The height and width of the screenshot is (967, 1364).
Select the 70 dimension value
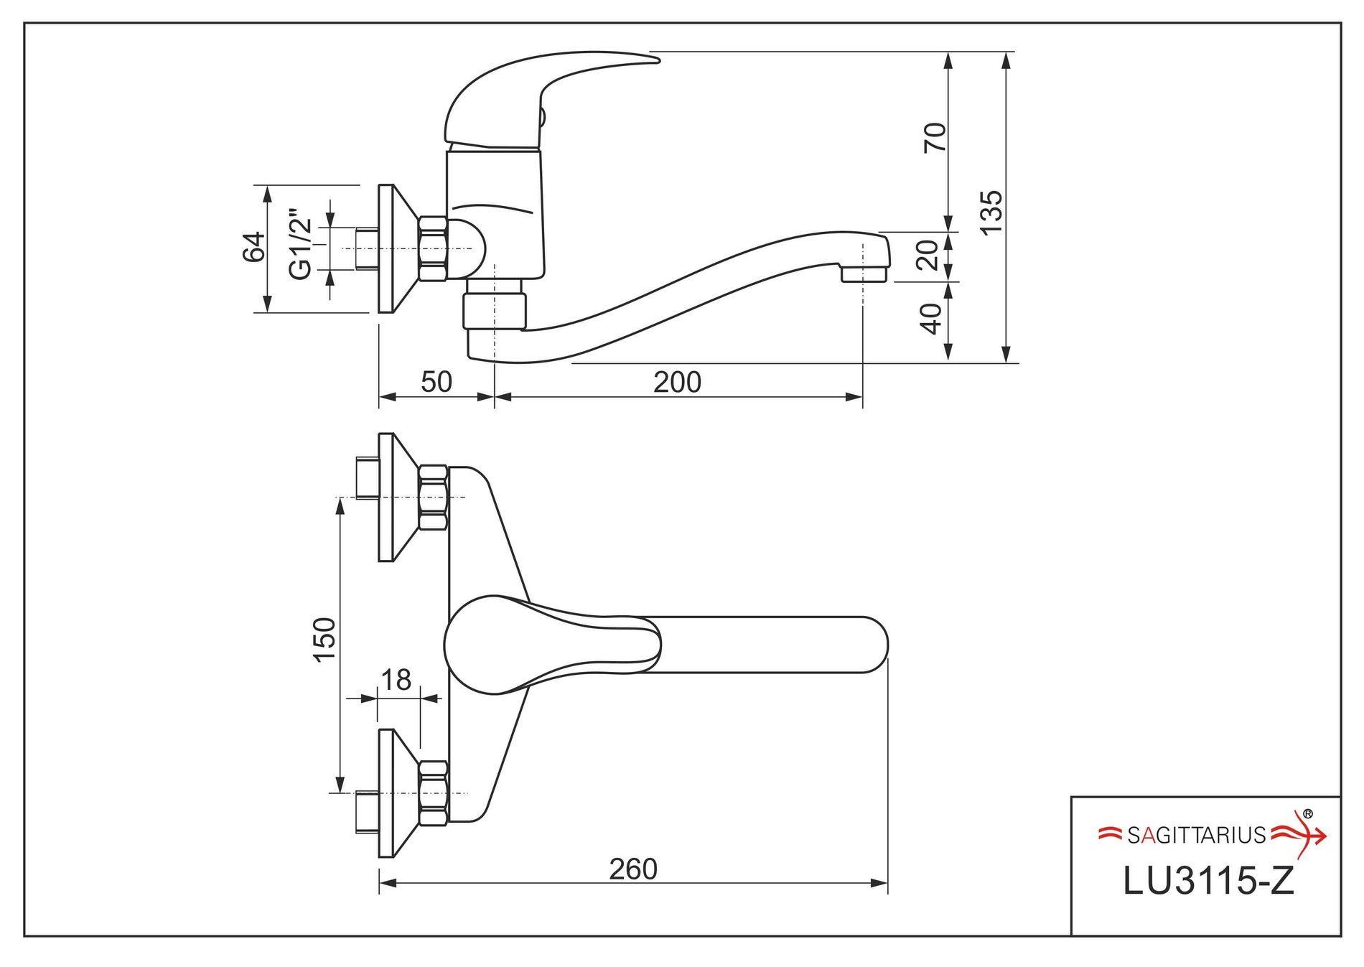(x=935, y=137)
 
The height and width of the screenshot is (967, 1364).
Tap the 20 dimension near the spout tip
(x=928, y=255)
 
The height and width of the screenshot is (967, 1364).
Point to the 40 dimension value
(x=931, y=319)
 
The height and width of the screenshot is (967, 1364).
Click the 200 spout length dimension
(x=677, y=382)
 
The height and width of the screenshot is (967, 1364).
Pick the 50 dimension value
(x=436, y=382)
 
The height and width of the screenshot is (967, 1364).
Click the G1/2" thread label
(x=300, y=244)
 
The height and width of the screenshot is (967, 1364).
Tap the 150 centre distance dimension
(x=324, y=640)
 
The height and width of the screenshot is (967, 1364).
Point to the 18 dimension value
(x=396, y=680)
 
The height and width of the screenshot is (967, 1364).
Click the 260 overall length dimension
(x=633, y=869)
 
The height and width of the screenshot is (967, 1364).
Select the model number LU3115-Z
(x=1208, y=881)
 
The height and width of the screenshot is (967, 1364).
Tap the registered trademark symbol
(x=1307, y=814)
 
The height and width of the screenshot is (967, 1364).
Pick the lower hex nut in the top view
(x=433, y=793)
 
